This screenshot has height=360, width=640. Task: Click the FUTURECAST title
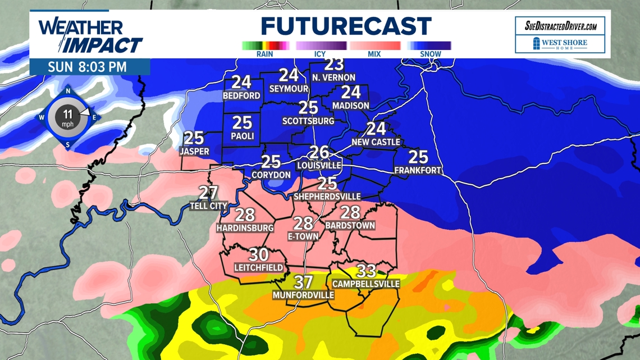(x=345, y=26)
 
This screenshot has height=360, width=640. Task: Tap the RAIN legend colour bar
(x=265, y=45)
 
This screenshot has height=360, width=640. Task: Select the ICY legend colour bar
(x=321, y=45)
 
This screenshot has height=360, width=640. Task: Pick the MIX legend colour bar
(x=374, y=45)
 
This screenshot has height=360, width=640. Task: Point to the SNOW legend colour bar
(x=430, y=45)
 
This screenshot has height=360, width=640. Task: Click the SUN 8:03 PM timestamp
(x=87, y=67)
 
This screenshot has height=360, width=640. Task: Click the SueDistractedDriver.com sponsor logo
(x=560, y=26)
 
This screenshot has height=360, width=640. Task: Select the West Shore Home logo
(x=560, y=44)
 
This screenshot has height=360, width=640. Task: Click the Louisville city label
(x=319, y=165)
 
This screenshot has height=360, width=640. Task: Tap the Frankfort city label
(x=418, y=170)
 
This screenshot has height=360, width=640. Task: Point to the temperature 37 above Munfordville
(x=303, y=282)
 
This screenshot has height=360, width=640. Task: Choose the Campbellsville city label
(x=365, y=284)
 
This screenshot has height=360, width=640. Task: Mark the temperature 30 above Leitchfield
(x=258, y=255)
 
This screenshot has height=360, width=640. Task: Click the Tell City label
(x=208, y=206)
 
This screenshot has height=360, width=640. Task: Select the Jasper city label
(x=194, y=152)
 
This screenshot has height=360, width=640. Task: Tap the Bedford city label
(x=241, y=96)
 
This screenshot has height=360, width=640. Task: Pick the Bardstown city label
(x=350, y=226)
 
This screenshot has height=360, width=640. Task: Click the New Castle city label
(x=376, y=142)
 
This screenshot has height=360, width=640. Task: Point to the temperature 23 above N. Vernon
(x=334, y=65)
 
